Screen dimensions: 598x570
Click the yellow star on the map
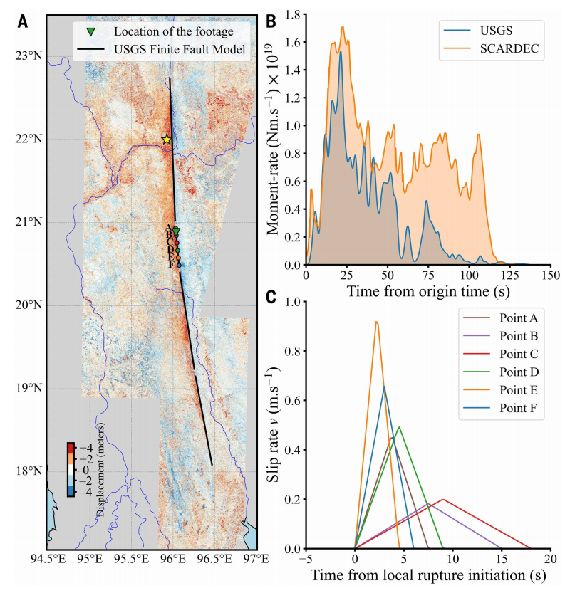pos(166,140)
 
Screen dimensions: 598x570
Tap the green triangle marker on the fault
pos(176,231)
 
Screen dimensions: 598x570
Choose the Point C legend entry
pos(517,353)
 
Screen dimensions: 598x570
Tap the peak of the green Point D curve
pos(399,427)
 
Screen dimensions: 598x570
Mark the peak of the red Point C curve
pos(443,500)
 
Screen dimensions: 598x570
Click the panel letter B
pos(271,21)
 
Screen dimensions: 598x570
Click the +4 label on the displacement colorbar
pos(86,448)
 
